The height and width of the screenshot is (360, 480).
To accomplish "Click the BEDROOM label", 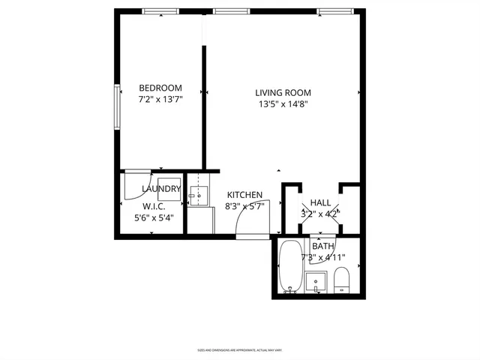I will click(160, 88).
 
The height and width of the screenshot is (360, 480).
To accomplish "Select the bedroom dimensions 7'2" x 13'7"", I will click(160, 99).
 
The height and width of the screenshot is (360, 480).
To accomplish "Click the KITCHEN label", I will click(244, 195).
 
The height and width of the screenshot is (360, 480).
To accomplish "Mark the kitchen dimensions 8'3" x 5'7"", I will click(244, 206).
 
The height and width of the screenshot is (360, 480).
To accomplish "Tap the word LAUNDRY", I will click(160, 189).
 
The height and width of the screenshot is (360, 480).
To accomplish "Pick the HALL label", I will click(320, 202).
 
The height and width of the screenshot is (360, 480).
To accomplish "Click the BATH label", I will click(323, 246).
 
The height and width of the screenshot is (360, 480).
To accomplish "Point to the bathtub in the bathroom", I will click(289, 268).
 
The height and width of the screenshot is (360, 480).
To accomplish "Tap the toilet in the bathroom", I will click(341, 279).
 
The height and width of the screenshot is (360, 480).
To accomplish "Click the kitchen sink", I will click(199, 197).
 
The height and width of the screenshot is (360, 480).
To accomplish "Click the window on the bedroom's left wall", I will click(116, 109).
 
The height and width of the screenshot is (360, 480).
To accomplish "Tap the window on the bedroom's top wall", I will click(160, 11).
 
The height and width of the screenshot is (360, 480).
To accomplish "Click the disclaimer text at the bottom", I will click(239, 349).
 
